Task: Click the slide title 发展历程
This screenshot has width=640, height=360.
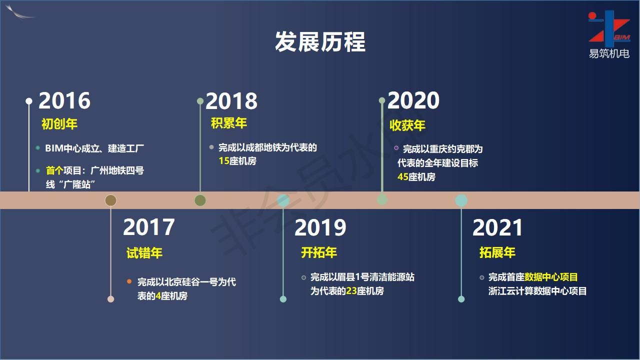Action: click(x=320, y=41)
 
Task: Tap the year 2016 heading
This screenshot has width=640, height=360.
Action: click(x=64, y=100)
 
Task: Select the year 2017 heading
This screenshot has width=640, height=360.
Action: click(x=149, y=227)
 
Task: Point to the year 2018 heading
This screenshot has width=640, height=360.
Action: click(x=231, y=101)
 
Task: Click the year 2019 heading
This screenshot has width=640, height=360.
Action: click(x=320, y=227)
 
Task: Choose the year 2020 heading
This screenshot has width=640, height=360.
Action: click(x=413, y=100)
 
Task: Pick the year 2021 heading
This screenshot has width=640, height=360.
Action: click(x=497, y=227)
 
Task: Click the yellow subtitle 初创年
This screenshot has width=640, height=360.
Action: click(x=59, y=124)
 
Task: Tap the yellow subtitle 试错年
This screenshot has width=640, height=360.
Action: click(x=144, y=253)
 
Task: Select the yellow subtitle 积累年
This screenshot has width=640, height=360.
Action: click(x=229, y=123)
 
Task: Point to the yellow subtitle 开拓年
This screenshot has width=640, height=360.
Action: click(x=319, y=252)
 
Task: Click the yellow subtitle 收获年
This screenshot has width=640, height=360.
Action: click(x=407, y=125)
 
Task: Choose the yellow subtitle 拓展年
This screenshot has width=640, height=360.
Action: click(x=497, y=252)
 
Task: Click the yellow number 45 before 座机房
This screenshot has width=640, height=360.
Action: click(x=403, y=177)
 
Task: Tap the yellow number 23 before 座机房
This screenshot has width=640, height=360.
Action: click(x=351, y=291)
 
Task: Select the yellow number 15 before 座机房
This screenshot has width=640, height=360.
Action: click(x=224, y=161)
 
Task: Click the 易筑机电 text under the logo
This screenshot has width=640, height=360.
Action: click(x=609, y=53)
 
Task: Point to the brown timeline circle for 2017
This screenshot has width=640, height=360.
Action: click(x=111, y=200)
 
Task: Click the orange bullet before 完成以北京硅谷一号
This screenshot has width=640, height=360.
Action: click(x=129, y=281)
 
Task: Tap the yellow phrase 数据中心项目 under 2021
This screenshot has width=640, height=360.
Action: click(x=551, y=277)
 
